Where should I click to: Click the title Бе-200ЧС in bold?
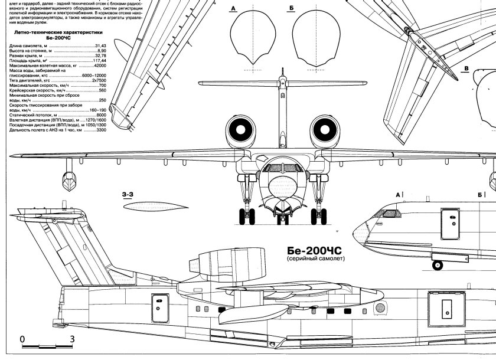coord(315,250)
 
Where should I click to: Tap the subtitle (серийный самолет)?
coord(314,260)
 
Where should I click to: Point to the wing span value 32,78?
coord(100,55)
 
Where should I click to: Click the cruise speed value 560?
coord(102,90)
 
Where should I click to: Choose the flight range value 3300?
coord(101,130)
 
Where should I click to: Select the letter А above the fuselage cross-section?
coord(234,8)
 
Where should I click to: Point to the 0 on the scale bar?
coord(22,339)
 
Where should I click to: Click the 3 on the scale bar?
coord(71,339)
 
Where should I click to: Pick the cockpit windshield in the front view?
coord(282,168)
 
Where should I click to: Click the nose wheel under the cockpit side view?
coord(438,265)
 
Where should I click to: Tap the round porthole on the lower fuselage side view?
coord(380,307)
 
